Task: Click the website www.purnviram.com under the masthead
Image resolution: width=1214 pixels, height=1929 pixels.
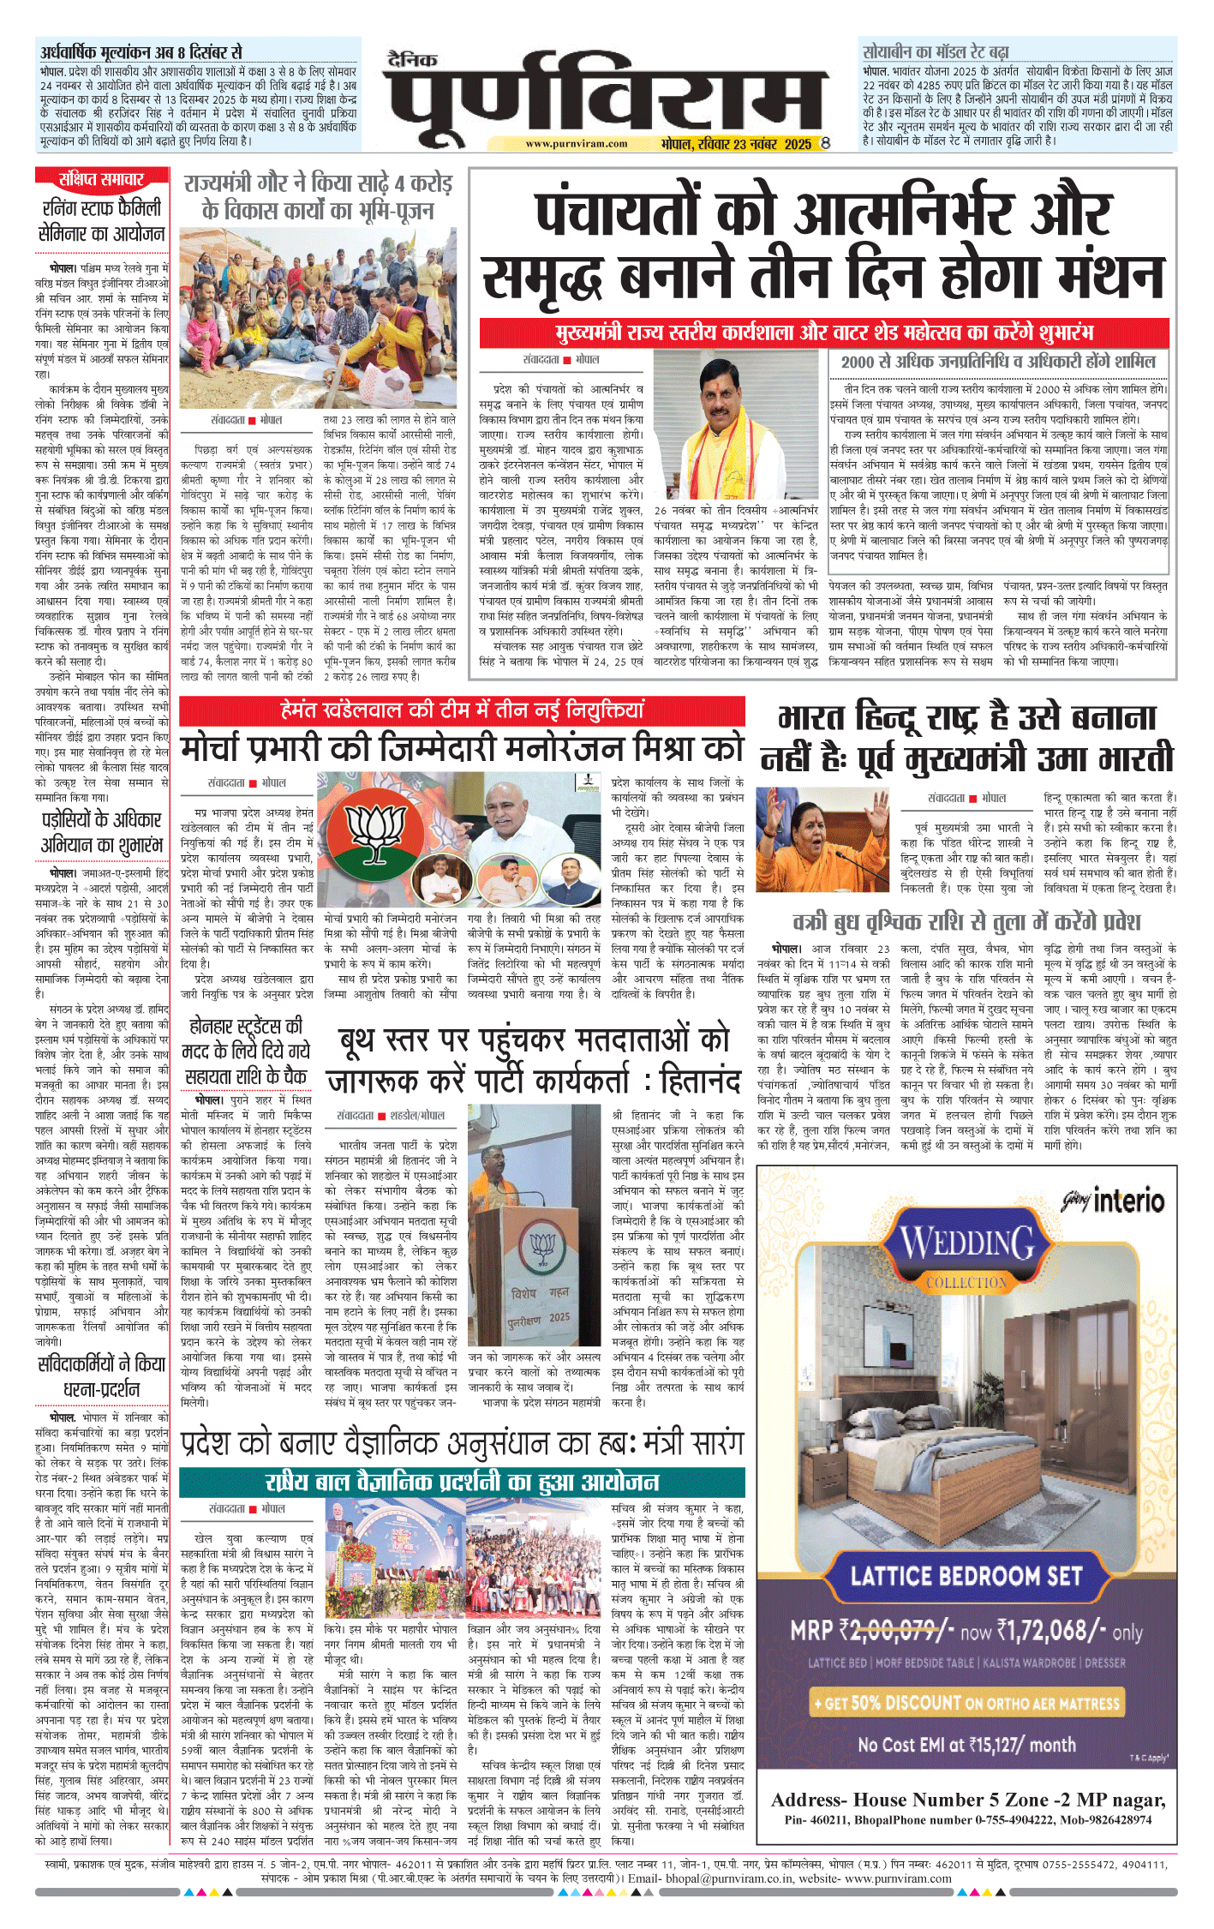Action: (576, 144)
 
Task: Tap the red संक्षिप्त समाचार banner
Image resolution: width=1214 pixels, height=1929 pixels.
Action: (101, 179)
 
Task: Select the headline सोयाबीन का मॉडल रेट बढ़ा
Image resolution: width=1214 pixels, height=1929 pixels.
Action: (936, 51)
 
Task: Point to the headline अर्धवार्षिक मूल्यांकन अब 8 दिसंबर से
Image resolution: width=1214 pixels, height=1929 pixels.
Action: (141, 51)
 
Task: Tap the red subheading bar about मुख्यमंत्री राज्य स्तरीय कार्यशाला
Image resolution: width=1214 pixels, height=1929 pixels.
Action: (824, 332)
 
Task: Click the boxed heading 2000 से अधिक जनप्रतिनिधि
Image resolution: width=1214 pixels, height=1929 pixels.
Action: (998, 362)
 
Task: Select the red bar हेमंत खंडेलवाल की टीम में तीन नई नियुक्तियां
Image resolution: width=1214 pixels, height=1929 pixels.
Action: (463, 710)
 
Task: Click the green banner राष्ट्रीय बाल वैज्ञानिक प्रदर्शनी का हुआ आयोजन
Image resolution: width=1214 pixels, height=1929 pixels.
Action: (463, 1482)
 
